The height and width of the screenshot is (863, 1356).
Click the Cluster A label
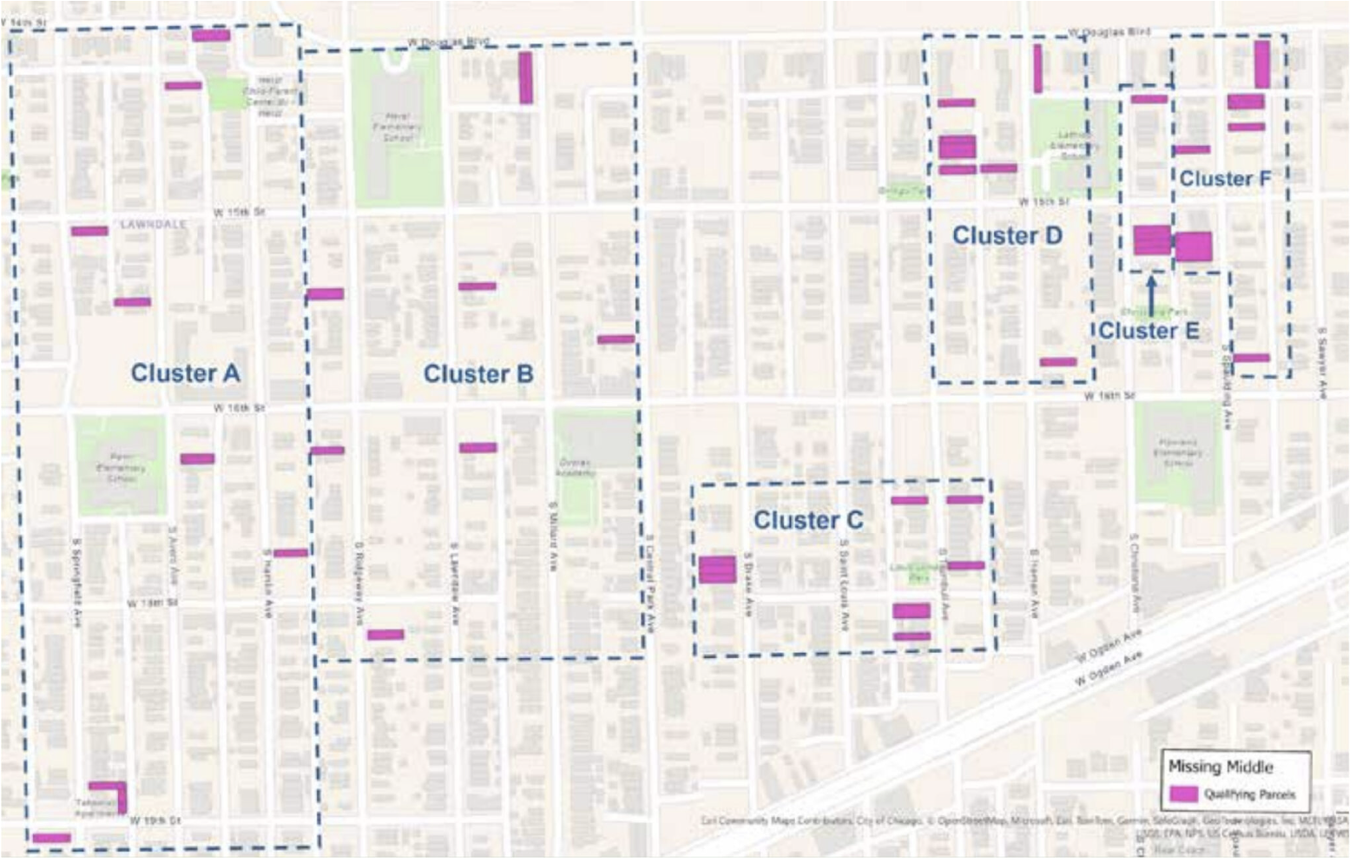[x=185, y=373]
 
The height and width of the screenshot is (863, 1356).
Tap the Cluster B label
[x=478, y=374]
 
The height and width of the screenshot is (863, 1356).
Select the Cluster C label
[x=808, y=520]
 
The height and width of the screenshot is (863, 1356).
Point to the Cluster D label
[x=1007, y=235]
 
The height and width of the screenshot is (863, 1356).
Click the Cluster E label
[x=1149, y=331]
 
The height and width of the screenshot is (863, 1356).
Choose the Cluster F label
[x=1225, y=179]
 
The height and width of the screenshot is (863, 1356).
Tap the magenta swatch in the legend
[x=1183, y=794]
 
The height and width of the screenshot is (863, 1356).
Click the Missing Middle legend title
[x=1220, y=767]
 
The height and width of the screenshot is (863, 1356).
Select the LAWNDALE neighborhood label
[x=153, y=224]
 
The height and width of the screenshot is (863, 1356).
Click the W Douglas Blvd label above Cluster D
[x=1109, y=32]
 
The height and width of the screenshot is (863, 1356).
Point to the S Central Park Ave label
[x=649, y=582]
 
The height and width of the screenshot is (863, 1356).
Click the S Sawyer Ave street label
[x=1322, y=363]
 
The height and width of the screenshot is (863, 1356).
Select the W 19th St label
[x=155, y=820]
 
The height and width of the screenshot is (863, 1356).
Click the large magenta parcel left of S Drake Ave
[x=717, y=570]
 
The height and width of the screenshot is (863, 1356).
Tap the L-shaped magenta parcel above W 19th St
[x=111, y=794]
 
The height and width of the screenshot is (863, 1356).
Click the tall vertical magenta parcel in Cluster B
[x=525, y=77]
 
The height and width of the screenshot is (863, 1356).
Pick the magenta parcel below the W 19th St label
[x=51, y=838]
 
